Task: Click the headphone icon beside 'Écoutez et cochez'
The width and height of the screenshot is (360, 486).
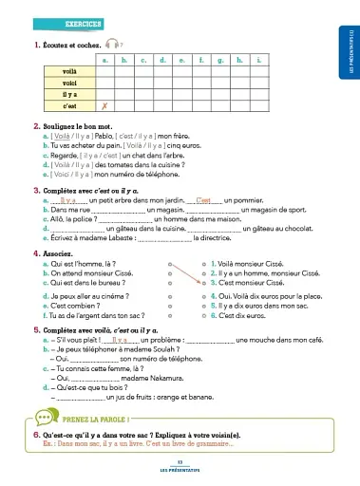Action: coord(115,43)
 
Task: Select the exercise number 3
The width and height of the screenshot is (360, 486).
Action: coord(36,190)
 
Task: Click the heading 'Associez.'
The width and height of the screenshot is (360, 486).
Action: coord(60,253)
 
